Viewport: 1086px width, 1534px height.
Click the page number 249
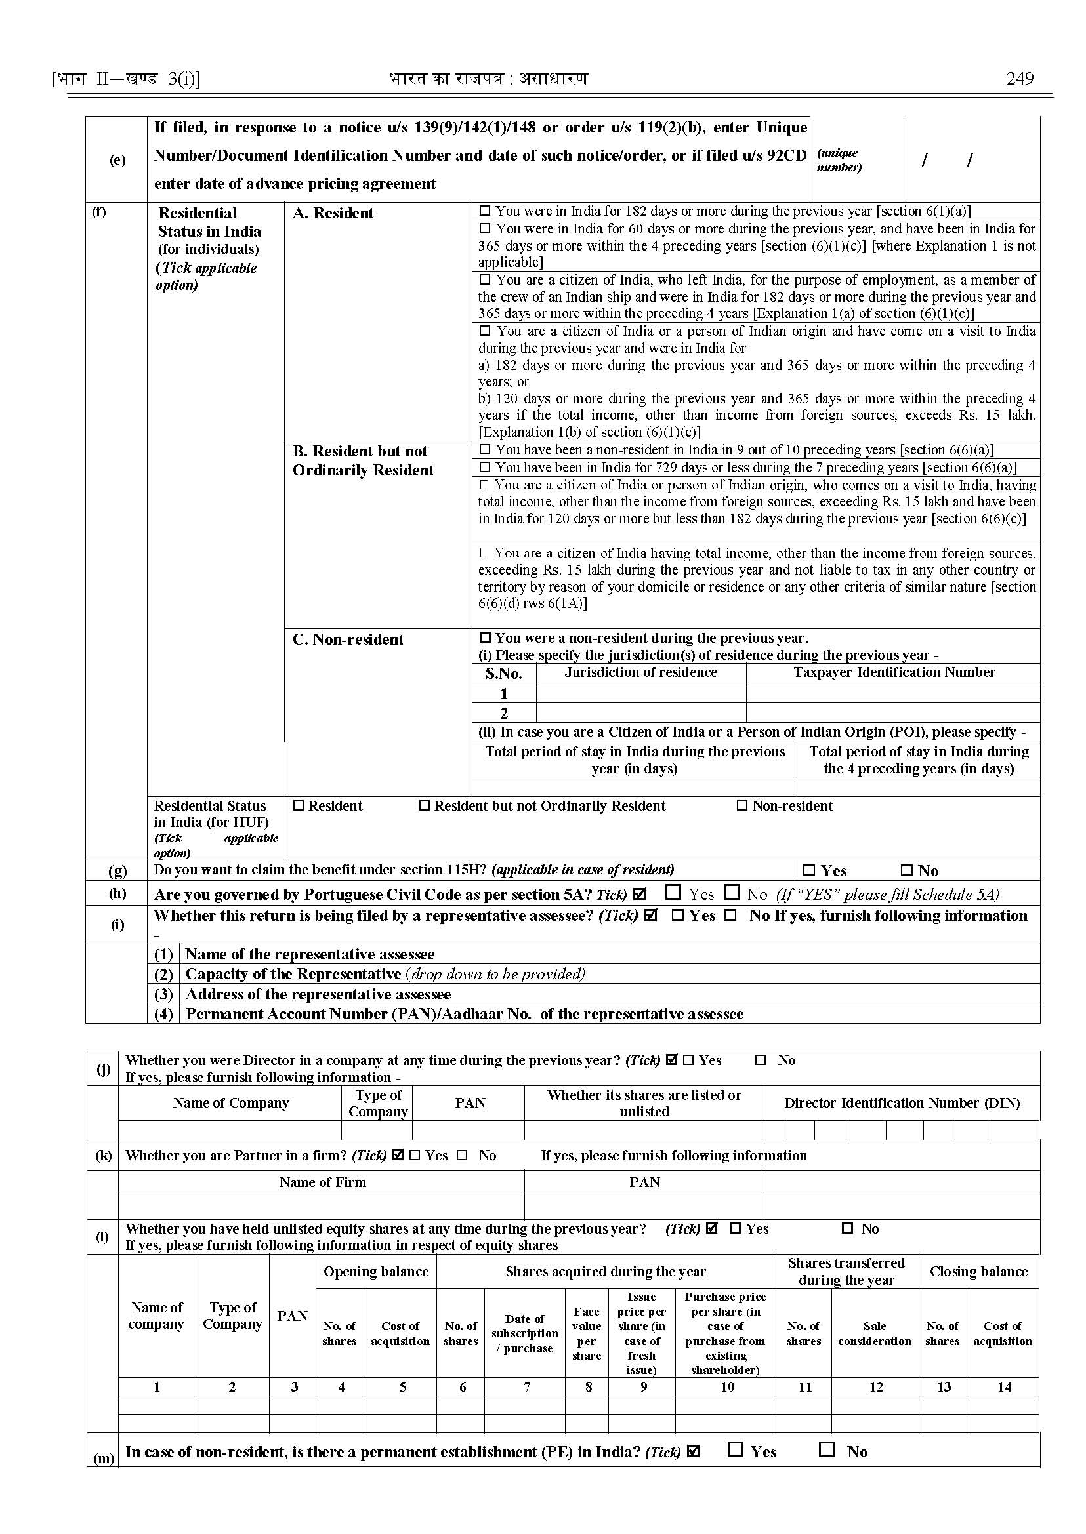tap(1019, 79)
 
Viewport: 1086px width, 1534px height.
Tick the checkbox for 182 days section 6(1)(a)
tap(485, 211)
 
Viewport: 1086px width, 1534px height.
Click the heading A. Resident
tap(332, 213)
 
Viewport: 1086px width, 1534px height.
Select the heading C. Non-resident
tap(348, 639)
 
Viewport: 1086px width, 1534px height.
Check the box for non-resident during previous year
tap(485, 637)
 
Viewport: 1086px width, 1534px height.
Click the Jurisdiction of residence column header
tap(640, 672)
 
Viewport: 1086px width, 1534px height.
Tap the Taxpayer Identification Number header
tap(894, 672)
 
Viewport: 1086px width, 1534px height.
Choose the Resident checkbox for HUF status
tap(299, 805)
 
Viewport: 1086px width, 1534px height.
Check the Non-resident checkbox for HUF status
tap(741, 805)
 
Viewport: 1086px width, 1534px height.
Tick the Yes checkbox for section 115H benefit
tap(809, 870)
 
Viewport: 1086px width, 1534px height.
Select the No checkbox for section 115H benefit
tap(906, 870)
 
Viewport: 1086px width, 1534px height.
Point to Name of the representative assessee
tap(310, 954)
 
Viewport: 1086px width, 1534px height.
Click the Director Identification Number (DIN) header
tap(902, 1103)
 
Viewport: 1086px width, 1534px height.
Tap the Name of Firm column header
tap(322, 1182)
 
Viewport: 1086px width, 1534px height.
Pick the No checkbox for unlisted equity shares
tap(847, 1228)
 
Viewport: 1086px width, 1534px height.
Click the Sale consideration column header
tap(874, 1333)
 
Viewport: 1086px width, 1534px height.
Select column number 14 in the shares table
tap(1004, 1387)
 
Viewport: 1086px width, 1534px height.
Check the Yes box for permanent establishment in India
tap(736, 1449)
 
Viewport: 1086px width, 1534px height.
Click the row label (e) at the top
tap(117, 160)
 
